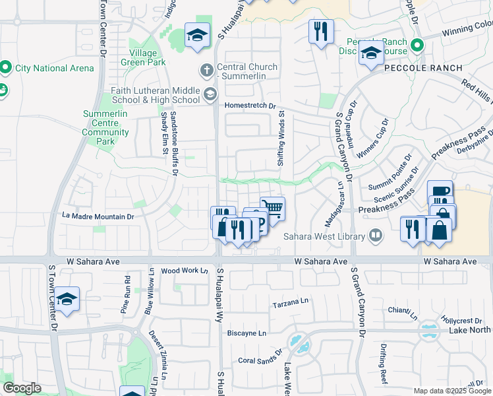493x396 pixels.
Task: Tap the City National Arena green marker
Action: [6, 67]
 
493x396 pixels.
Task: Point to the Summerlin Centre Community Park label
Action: [105, 127]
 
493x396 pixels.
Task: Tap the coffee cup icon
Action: [440, 191]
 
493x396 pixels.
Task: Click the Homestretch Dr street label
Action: [250, 106]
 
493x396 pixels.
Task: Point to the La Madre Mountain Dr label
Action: [98, 216]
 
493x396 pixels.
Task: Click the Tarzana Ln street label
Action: [291, 305]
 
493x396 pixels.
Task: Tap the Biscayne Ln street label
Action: [246, 333]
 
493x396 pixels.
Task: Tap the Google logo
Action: [22, 388]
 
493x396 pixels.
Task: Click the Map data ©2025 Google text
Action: [452, 390]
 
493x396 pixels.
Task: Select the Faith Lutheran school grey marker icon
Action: [210, 94]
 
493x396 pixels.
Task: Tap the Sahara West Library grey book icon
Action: [375, 234]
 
